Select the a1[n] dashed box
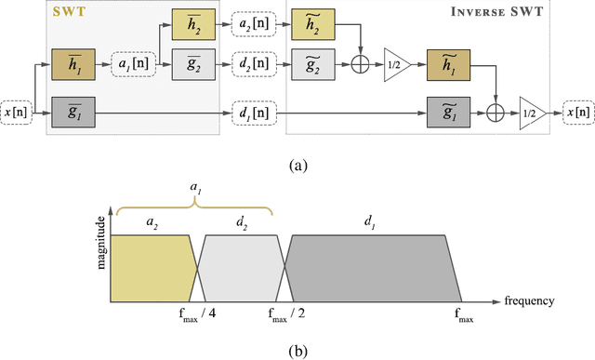tap(127, 66)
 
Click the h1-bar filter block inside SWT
tap(73, 66)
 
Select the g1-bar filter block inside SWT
tap(73, 111)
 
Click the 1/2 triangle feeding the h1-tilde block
tap(396, 67)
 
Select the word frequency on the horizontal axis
tap(533, 300)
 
